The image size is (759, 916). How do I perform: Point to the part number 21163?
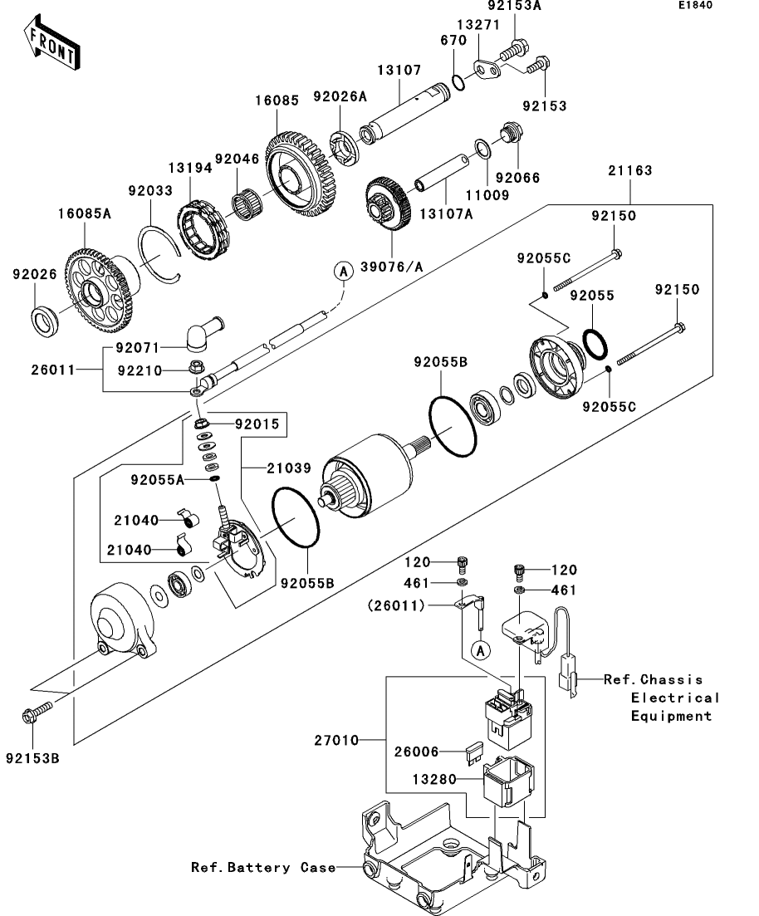(629, 171)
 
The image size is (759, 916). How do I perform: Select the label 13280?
(434, 780)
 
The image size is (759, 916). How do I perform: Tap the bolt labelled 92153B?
(33, 713)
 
